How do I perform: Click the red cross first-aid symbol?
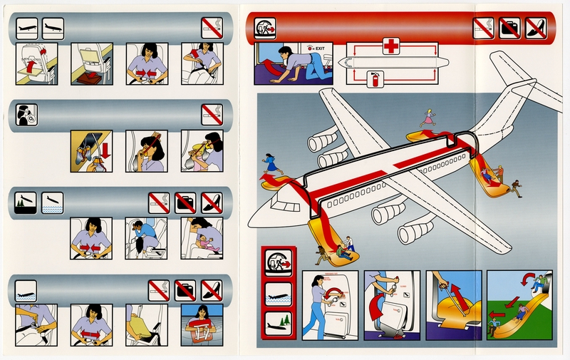tap(390, 46)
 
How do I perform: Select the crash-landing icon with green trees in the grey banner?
tap(25, 202)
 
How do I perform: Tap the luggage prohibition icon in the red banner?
tap(509, 28)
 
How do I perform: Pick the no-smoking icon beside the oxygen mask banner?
tap(211, 114)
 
